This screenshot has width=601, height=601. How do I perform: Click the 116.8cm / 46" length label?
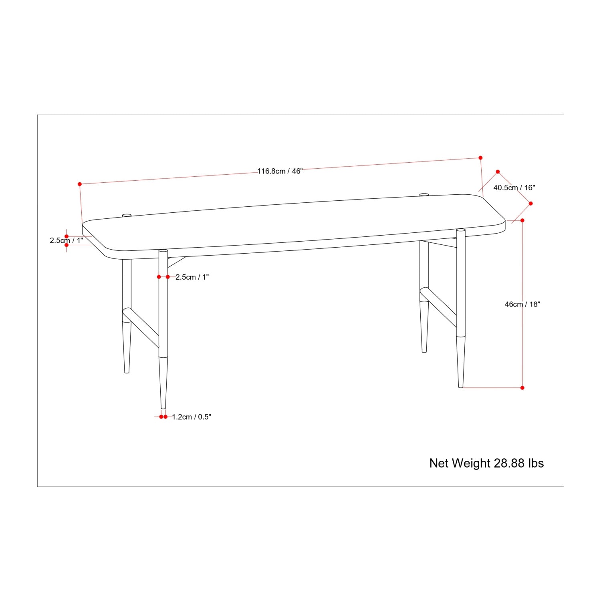(x=280, y=171)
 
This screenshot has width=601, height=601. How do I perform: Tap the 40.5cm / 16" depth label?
(x=514, y=188)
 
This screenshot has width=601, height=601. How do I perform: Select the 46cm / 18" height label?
(x=522, y=304)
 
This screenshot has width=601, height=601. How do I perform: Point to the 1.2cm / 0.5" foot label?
(x=192, y=417)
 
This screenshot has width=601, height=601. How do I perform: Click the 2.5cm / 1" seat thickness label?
(x=67, y=240)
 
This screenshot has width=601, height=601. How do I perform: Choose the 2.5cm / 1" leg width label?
(x=192, y=277)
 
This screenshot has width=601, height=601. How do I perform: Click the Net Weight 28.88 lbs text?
(x=486, y=463)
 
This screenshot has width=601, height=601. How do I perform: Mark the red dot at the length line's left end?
(x=80, y=184)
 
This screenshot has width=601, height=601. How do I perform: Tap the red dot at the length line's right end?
(x=480, y=158)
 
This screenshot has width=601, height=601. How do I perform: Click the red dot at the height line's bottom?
(x=522, y=388)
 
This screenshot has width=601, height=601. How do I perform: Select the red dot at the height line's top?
(x=522, y=220)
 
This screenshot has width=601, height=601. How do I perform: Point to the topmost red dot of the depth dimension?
(x=498, y=171)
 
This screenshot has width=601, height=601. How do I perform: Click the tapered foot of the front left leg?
(x=163, y=383)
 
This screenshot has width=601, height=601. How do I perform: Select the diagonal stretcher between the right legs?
(x=438, y=305)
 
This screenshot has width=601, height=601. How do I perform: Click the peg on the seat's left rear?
(x=127, y=216)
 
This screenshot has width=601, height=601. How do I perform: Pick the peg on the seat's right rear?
(x=424, y=195)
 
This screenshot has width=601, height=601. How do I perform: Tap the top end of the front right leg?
(x=461, y=230)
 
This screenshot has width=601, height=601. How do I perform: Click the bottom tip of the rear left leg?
(x=127, y=372)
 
